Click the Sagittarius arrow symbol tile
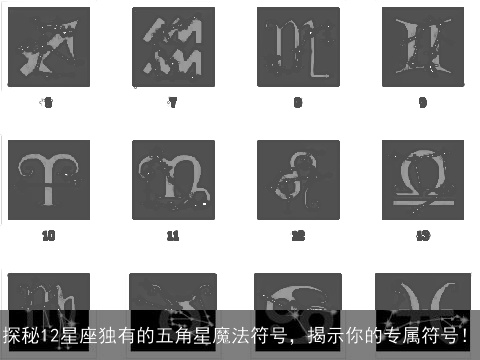48,47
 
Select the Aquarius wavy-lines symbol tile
173,47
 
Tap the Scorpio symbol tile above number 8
298,47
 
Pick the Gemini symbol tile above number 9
422,47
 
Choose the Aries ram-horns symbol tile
48,179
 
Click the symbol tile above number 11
173,179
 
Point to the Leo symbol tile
298,179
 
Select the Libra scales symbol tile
422,179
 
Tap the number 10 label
48,236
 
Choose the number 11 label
173,236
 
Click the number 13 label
422,236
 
